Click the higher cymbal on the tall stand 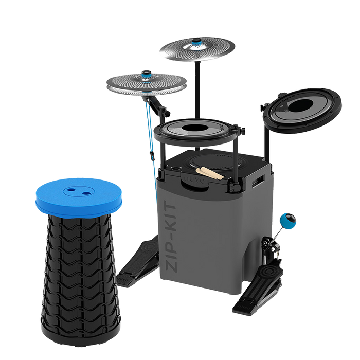pyautogui.click(x=196, y=49)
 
